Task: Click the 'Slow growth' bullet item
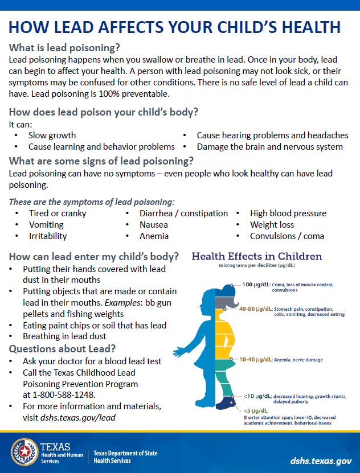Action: click(x=52, y=135)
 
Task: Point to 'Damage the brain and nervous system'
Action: click(x=269, y=146)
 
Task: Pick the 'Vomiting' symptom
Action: click(x=46, y=225)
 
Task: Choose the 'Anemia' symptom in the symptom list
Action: click(x=154, y=236)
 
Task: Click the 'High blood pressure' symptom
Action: click(x=288, y=213)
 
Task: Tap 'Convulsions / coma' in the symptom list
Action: click(x=287, y=236)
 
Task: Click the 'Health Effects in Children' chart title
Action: click(x=257, y=257)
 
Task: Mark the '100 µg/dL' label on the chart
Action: click(x=255, y=285)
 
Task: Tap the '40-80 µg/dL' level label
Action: click(x=256, y=309)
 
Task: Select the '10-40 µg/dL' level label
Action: click(x=256, y=360)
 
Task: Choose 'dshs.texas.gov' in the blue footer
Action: click(x=320, y=459)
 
